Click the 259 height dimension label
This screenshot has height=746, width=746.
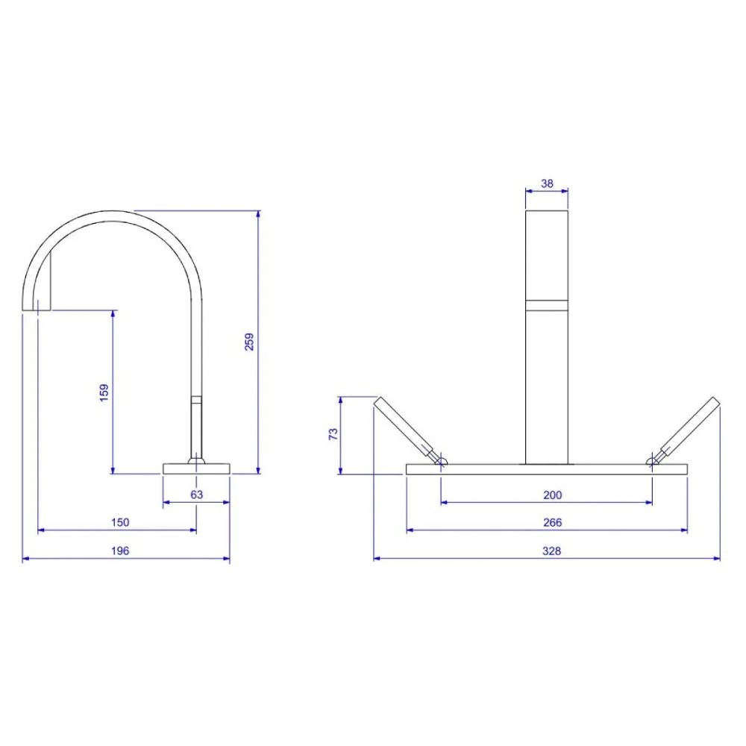(249, 342)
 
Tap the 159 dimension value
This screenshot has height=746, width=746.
(104, 392)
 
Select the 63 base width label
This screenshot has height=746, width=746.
(196, 495)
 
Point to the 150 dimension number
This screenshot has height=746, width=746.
(120, 522)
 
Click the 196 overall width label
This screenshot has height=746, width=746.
(120, 551)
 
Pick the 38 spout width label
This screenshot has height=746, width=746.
(547, 184)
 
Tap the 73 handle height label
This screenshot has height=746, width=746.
(333, 434)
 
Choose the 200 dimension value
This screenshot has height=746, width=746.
(552, 495)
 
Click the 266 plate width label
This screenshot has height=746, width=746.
(552, 522)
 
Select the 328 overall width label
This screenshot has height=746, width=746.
(552, 551)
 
